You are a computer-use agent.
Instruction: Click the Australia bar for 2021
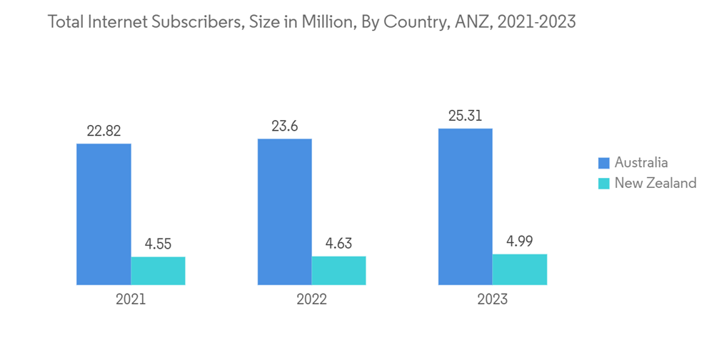pos(104,214)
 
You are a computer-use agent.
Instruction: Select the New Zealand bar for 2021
pos(158,271)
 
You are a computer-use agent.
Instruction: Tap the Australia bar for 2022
pos(284,212)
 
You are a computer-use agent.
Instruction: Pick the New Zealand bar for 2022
pos(338,271)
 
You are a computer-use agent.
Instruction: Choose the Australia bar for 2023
pos(466,207)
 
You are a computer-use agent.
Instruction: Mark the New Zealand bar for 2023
pos(520,269)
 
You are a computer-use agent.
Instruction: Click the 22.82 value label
pos(104,131)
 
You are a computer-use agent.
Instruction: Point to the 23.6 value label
pos(284,126)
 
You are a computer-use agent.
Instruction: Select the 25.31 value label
pos(466,116)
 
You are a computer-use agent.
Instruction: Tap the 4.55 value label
pos(158,244)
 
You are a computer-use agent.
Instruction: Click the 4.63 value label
pos(338,244)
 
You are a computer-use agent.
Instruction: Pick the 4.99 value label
pos(520,241)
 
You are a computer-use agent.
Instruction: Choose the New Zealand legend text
pos(655,184)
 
